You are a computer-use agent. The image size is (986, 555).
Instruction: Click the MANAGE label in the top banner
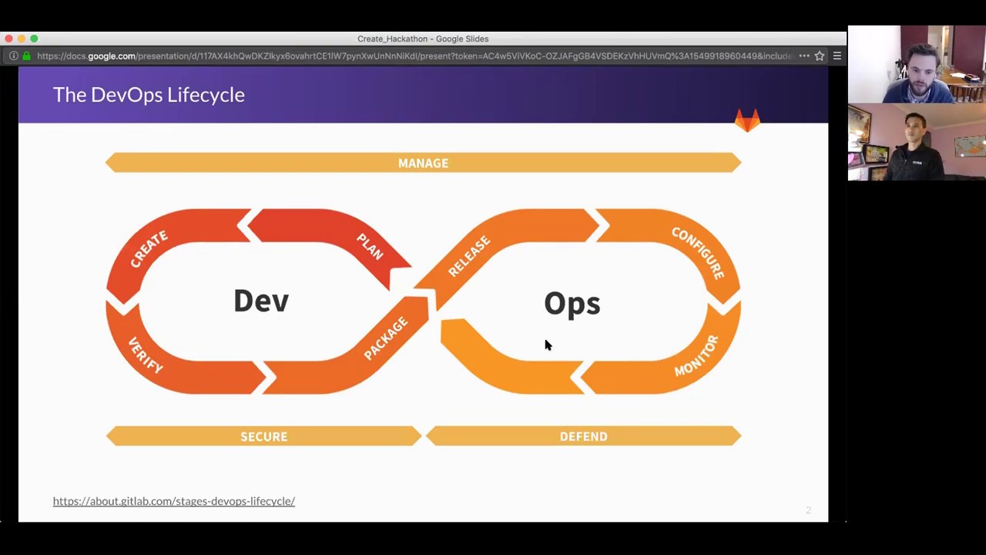423,163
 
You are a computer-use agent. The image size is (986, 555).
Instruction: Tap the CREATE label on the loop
149,249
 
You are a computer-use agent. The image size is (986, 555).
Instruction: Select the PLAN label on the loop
370,246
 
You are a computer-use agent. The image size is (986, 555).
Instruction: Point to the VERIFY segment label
146,355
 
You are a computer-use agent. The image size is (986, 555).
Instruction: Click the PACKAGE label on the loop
386,338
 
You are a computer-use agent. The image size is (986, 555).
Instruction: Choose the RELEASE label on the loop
468,256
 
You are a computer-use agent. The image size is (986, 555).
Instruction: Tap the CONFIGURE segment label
698,253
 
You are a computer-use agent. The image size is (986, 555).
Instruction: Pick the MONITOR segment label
696,355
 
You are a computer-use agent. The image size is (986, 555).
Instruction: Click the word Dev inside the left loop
261,301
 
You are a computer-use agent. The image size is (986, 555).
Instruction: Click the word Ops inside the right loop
572,304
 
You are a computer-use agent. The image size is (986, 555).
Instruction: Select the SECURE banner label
263,436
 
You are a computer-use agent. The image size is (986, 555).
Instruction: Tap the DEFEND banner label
583,436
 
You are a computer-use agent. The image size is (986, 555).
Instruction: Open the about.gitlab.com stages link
174,501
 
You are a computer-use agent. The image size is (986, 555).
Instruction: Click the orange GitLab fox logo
747,120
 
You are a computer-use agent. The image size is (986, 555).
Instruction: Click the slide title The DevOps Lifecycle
149,95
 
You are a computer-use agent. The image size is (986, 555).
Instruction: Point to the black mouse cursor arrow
548,345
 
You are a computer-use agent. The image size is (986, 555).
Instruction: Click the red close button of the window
8,39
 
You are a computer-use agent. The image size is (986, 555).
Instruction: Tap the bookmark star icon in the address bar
820,55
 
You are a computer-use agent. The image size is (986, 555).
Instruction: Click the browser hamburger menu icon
837,55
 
